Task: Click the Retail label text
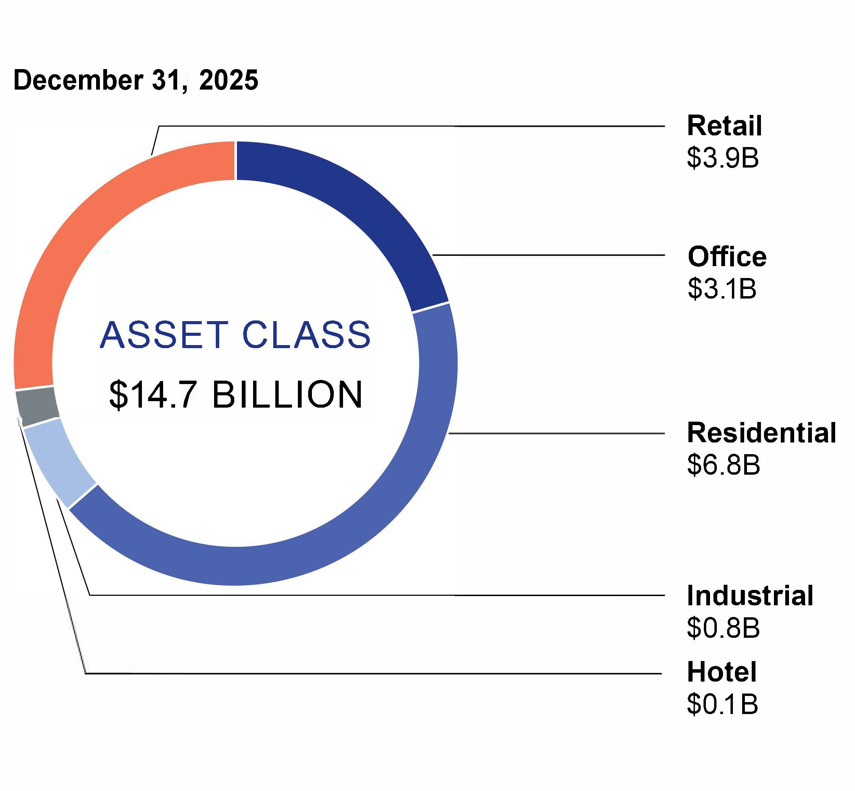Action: pos(724,126)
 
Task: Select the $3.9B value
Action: pos(723,158)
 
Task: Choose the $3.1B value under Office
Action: pos(722,289)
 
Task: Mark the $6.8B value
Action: pos(723,465)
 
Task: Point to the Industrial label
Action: pos(750,595)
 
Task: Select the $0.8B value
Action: pos(723,628)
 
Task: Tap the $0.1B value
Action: pos(722,704)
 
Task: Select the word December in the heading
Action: pos(78,80)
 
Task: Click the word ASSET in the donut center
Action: pos(164,335)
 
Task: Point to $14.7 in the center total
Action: pos(153,395)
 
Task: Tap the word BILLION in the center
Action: pos(287,395)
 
